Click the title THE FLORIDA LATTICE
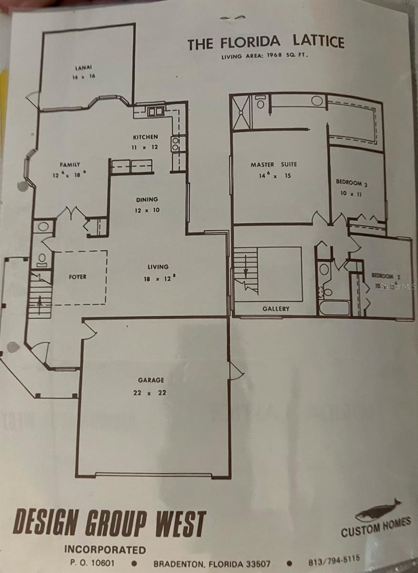click(x=266, y=43)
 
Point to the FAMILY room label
click(x=70, y=165)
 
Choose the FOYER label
click(x=77, y=276)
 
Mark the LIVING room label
click(x=158, y=267)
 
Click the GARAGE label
click(x=151, y=380)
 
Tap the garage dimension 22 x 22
click(x=151, y=393)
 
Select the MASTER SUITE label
click(x=274, y=165)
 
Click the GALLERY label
click(x=276, y=309)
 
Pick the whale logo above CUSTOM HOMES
click(x=377, y=510)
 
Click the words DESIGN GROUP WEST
click(x=109, y=523)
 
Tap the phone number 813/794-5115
click(x=334, y=560)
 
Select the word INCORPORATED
click(x=105, y=550)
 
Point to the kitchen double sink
click(x=155, y=112)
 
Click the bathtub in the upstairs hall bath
click(x=334, y=308)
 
